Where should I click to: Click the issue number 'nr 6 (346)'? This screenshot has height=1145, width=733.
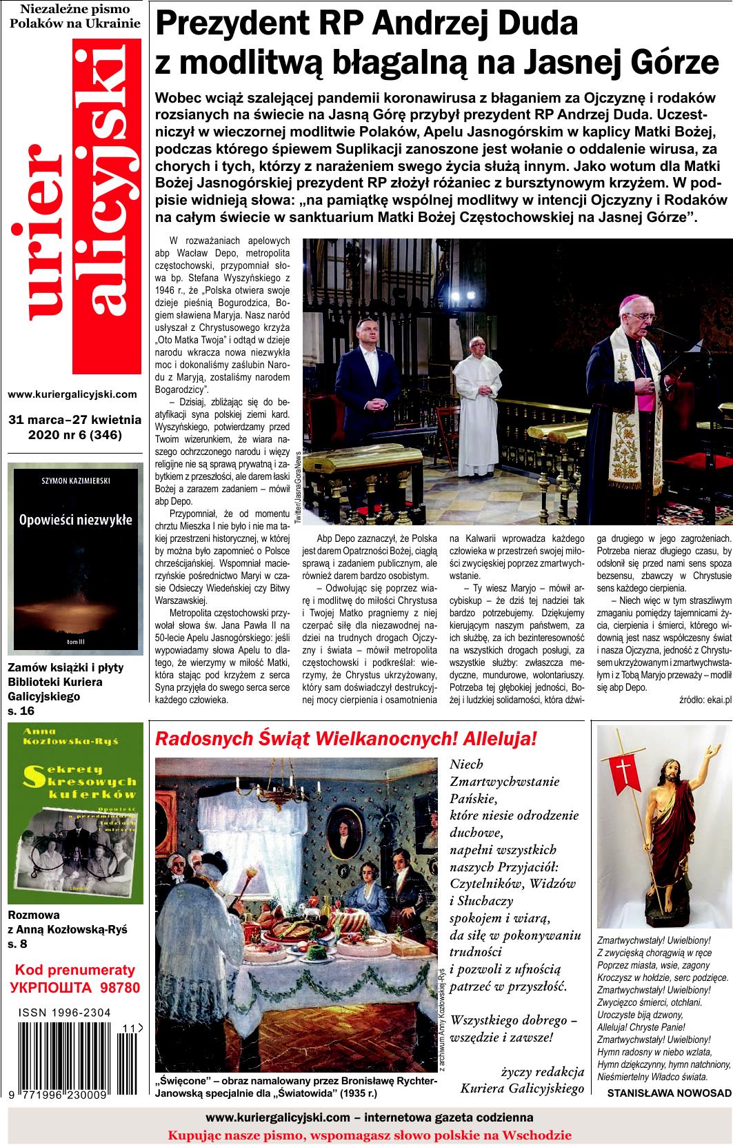click(x=96, y=434)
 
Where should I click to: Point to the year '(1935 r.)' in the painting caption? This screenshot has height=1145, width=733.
click(x=354, y=1093)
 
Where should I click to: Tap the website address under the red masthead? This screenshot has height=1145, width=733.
click(x=72, y=394)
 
